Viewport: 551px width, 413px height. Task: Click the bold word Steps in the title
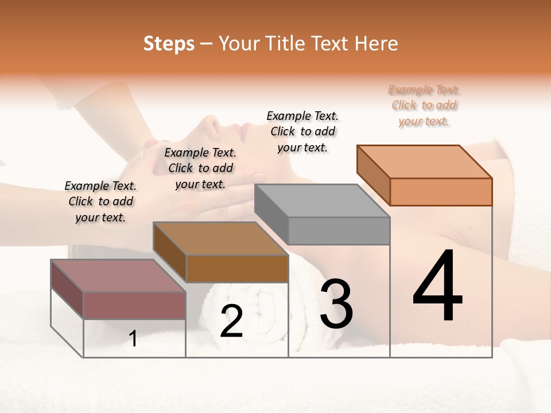tap(169, 44)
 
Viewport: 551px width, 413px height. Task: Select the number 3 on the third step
tap(336, 304)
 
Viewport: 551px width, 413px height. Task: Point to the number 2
tap(231, 321)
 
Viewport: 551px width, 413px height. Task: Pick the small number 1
tap(133, 339)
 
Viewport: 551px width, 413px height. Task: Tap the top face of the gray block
tap(322, 201)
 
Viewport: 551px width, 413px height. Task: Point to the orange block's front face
tap(441, 192)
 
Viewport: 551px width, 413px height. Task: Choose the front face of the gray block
tap(339, 231)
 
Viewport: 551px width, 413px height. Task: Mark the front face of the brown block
tap(237, 268)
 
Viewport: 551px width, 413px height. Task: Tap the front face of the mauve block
tap(135, 305)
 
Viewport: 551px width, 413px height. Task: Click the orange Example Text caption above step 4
tap(424, 105)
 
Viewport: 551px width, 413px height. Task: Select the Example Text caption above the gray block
tap(302, 131)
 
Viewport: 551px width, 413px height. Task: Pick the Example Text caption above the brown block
tap(200, 168)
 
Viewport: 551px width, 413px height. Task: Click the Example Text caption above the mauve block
tap(100, 201)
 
